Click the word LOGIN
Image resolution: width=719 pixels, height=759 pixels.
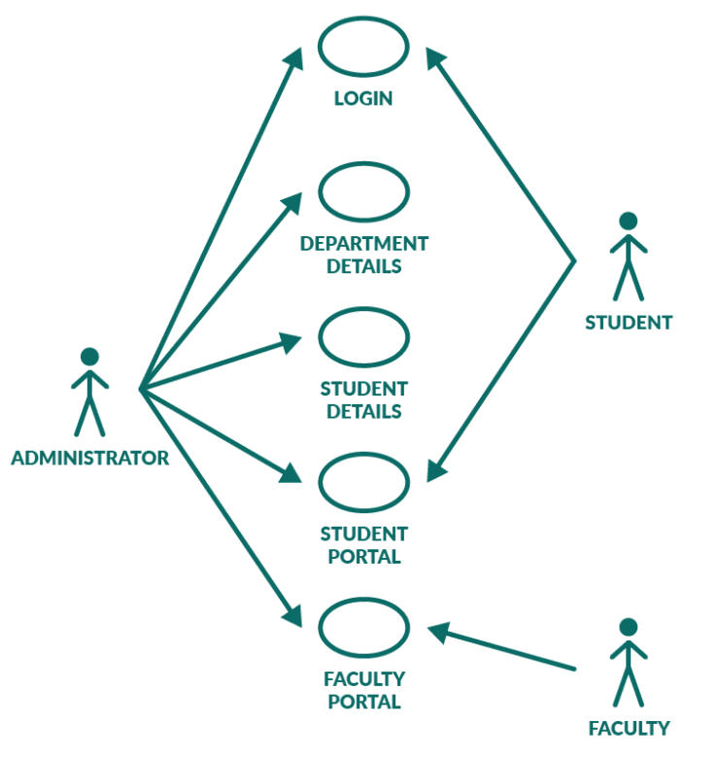[x=363, y=99]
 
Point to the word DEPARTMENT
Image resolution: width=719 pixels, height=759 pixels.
[x=363, y=244]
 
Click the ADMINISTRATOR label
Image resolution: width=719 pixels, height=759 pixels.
[x=90, y=458]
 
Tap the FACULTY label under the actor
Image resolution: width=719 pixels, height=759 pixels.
[x=629, y=728]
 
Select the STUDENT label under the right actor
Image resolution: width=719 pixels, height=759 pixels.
[x=629, y=323]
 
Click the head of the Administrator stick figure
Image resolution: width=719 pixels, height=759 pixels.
[x=89, y=357]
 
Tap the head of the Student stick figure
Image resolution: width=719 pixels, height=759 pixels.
[x=628, y=221]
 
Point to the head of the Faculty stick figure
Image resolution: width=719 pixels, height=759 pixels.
[x=628, y=627]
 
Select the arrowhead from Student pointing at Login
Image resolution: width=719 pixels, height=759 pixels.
[x=434, y=57]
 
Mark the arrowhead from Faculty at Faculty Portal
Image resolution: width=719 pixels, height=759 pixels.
[x=439, y=633]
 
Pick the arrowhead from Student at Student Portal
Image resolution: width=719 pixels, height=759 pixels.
[x=435, y=471]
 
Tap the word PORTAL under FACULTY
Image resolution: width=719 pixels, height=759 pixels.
[x=363, y=702]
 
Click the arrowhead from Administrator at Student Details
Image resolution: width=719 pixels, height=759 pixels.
[x=291, y=341]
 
